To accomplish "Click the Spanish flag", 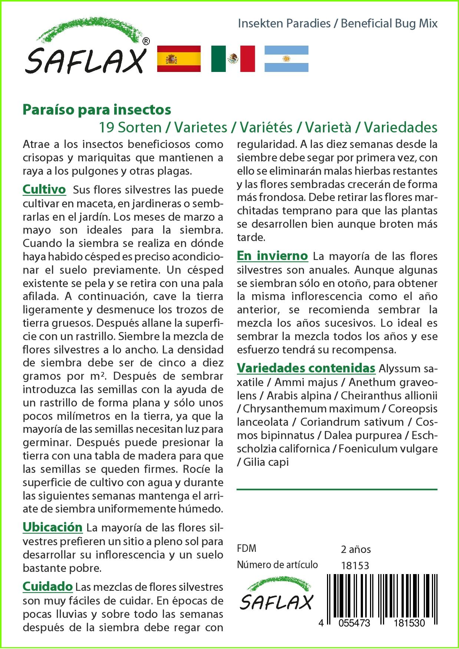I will (179, 59).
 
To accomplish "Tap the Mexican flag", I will (233, 59).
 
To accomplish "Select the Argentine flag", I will (286, 59).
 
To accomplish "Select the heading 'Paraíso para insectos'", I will (97, 109).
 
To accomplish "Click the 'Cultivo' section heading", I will (44, 190).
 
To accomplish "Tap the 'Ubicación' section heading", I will (52, 527).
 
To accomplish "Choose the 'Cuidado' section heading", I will (47, 586).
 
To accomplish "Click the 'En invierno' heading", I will (272, 256).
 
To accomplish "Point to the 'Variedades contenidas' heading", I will (306, 368).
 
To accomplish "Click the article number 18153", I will (355, 566).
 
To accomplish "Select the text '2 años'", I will (356, 549).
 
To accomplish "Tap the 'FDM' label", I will (247, 548).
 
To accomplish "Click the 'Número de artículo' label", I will (277, 564).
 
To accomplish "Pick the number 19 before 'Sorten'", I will (106, 128).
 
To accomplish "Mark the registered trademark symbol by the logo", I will (146, 42).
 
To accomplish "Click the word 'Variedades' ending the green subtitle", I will (400, 128).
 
